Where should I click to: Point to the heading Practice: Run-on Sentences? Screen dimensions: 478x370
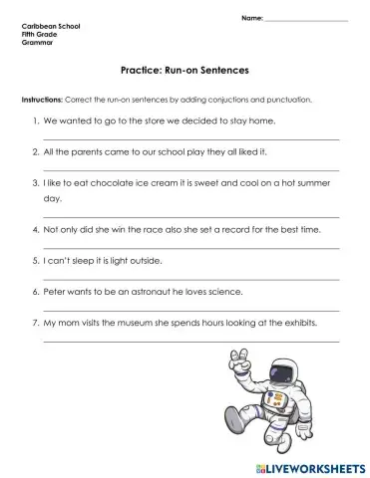pyautogui.click(x=184, y=72)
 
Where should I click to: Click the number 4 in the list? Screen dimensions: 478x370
pyautogui.click(x=35, y=229)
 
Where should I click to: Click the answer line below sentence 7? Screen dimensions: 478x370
pyautogui.click(x=190, y=342)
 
